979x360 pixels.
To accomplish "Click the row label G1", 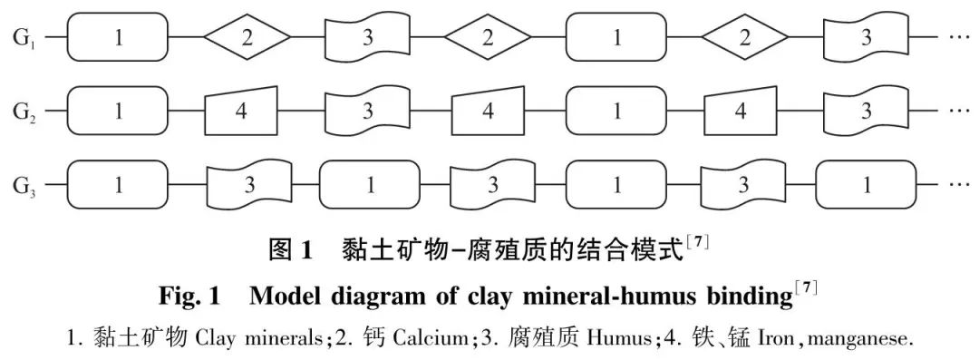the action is pos(24,38).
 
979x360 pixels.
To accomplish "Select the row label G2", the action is pos(24,112).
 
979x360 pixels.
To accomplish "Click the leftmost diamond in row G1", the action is pos(247,37).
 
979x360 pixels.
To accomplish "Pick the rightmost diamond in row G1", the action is pos(745,37).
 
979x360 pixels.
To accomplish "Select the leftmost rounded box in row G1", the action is pos(118,37).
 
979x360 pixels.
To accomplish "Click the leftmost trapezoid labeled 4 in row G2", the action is pos(241,112).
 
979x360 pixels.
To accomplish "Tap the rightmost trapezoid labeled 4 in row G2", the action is pos(741,112).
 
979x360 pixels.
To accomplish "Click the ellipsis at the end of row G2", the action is pos(957,112).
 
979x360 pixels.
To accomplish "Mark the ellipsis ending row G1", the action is pos(957,38).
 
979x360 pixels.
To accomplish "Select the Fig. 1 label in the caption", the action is pos(189,296).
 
